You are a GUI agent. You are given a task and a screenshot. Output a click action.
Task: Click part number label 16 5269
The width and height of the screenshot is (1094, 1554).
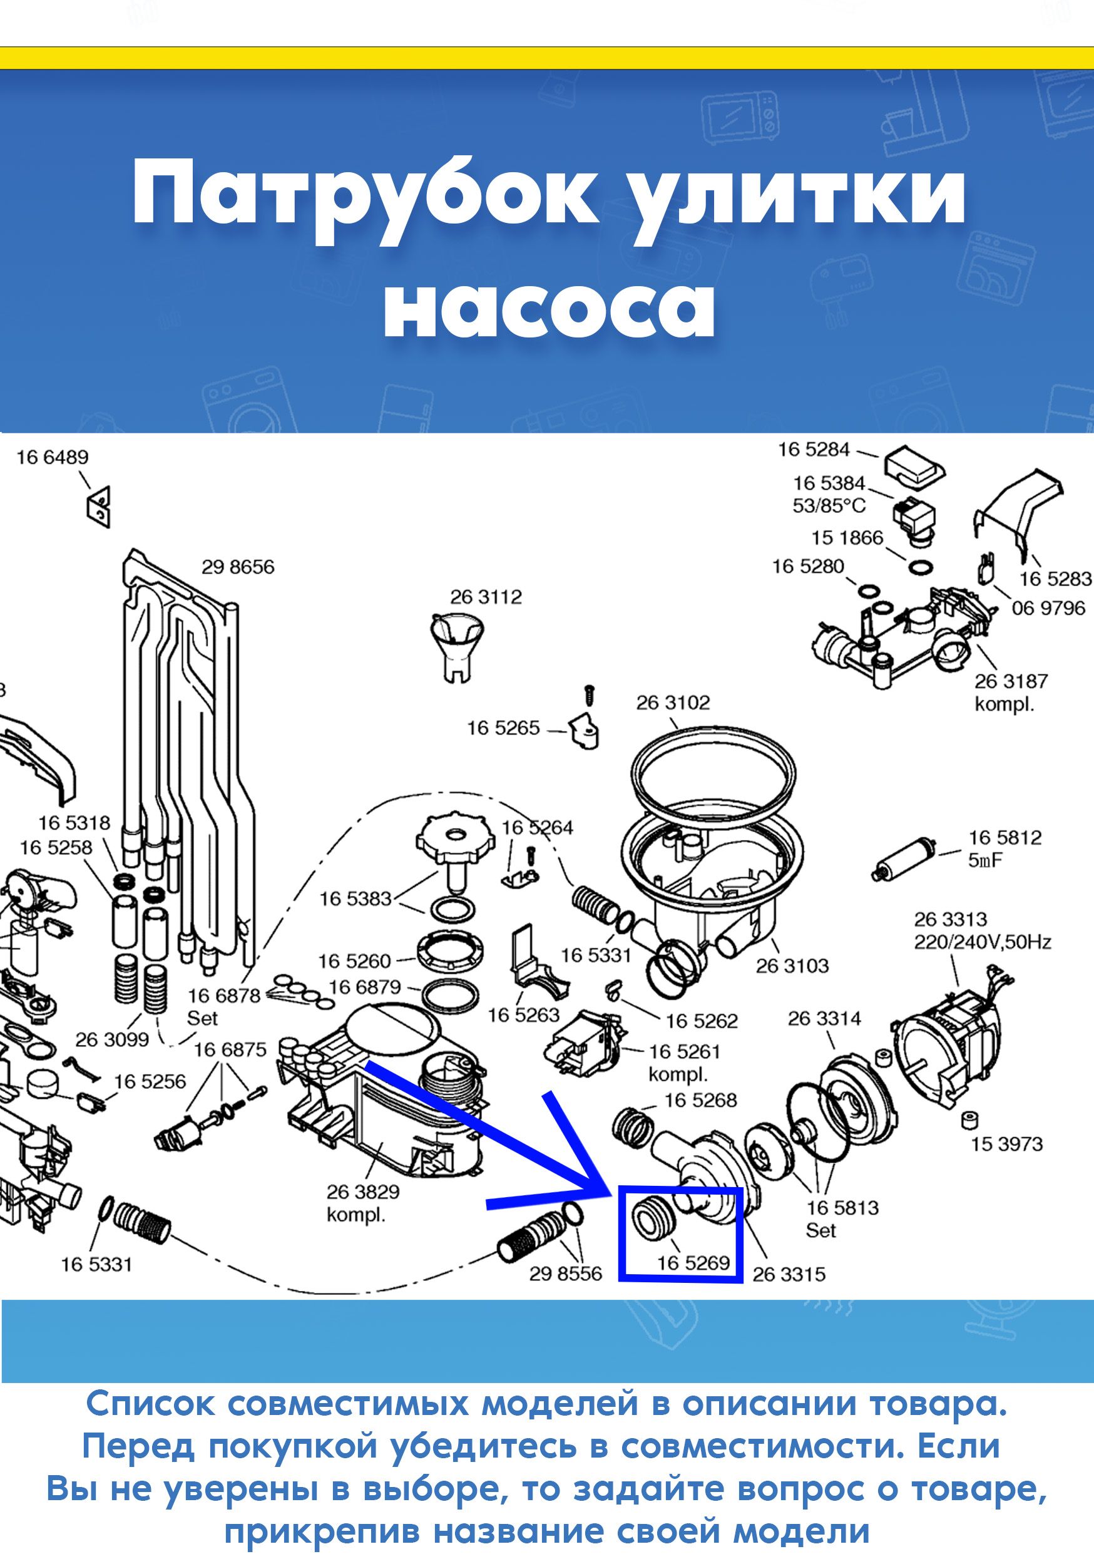(693, 1262)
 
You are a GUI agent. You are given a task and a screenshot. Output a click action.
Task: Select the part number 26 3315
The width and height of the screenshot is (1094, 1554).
(789, 1275)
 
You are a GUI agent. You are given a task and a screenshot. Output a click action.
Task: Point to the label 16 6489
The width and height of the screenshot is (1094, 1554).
(53, 458)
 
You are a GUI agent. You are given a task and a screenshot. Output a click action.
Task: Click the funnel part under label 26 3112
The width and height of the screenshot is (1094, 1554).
(457, 646)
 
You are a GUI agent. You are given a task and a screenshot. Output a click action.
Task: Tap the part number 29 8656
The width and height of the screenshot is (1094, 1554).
(238, 567)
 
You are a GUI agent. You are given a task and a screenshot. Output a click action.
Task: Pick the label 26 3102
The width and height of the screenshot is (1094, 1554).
(673, 703)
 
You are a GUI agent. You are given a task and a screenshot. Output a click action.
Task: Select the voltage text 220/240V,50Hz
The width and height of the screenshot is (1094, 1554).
(983, 942)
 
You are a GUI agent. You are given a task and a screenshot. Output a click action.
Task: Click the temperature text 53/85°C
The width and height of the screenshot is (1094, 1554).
(829, 506)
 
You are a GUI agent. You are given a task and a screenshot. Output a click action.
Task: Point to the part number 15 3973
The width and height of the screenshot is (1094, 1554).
(1008, 1145)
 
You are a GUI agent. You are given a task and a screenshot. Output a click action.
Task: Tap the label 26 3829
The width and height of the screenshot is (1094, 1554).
(364, 1192)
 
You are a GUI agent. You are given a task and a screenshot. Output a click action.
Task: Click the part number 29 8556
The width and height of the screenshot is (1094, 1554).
(566, 1274)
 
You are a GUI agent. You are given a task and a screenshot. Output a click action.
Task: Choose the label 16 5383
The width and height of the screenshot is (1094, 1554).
(356, 899)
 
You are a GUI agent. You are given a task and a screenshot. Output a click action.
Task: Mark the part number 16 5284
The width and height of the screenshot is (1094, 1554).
(814, 450)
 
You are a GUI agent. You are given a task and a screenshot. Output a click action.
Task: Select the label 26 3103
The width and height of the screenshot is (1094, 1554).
(792, 966)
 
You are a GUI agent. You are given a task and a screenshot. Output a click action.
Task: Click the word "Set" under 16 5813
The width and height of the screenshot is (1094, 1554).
(820, 1230)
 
